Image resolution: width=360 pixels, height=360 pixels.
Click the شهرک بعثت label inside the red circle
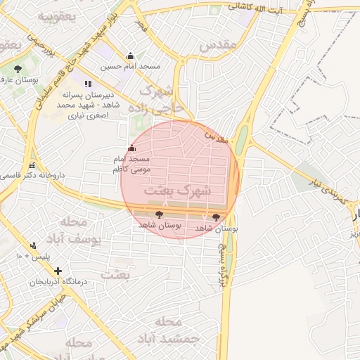pyautogui.click(x=176, y=190)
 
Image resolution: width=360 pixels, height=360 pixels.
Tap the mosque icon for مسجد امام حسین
pyautogui.click(x=130, y=56)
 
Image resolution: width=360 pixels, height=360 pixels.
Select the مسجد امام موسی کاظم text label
pyautogui.click(x=113, y=165)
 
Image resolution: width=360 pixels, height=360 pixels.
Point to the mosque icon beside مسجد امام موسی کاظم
pyautogui.click(x=131, y=148)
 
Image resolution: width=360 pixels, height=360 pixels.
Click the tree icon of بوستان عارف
pyautogui.click(x=18, y=69)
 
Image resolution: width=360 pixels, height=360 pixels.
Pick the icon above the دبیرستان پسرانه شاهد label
pyautogui.click(x=88, y=83)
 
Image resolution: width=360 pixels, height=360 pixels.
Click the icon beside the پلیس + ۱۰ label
pyautogui.click(x=33, y=245)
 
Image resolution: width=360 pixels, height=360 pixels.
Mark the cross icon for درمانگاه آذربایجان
pyautogui.click(x=58, y=271)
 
